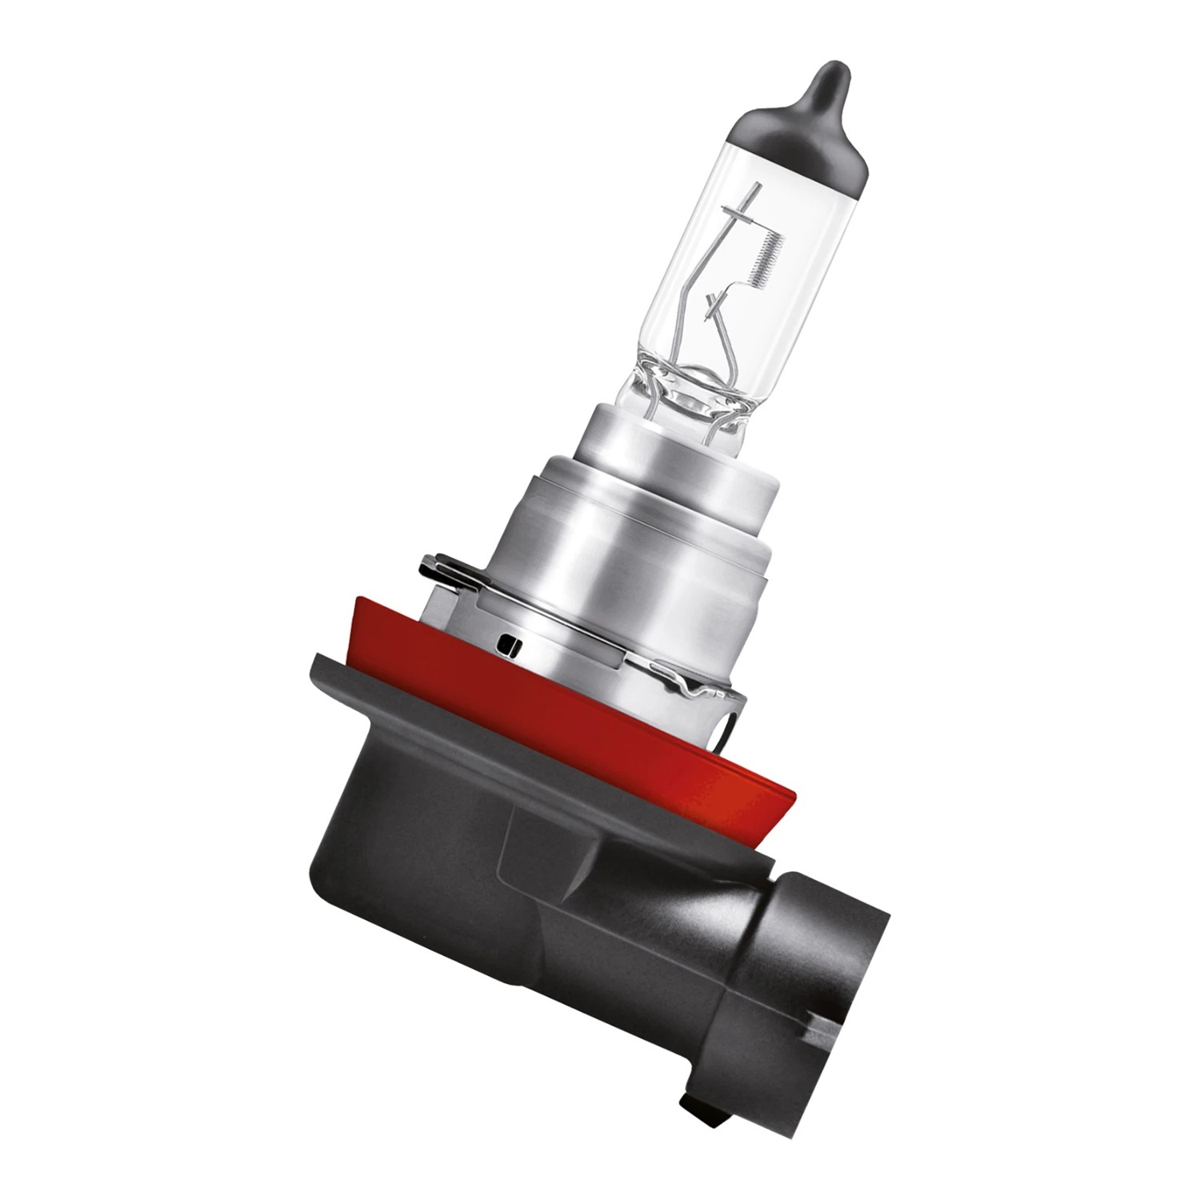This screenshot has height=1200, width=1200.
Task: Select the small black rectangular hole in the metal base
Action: [506, 642]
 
